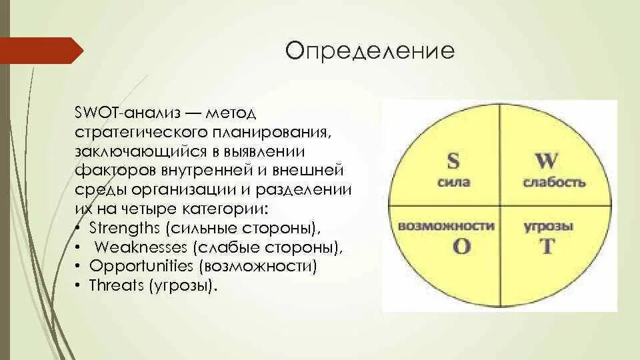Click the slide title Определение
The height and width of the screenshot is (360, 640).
click(370, 51)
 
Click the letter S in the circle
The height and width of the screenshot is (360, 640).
click(453, 161)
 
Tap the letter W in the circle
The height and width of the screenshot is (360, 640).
click(547, 161)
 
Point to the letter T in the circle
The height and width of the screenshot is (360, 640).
click(547, 246)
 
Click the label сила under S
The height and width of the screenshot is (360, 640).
click(453, 181)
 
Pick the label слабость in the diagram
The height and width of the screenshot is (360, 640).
click(554, 182)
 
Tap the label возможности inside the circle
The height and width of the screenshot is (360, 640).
click(445, 226)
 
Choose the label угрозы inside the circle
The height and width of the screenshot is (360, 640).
click(548, 226)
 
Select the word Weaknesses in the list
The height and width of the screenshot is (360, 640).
click(141, 247)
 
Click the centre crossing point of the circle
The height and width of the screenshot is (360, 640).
click(500, 205)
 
